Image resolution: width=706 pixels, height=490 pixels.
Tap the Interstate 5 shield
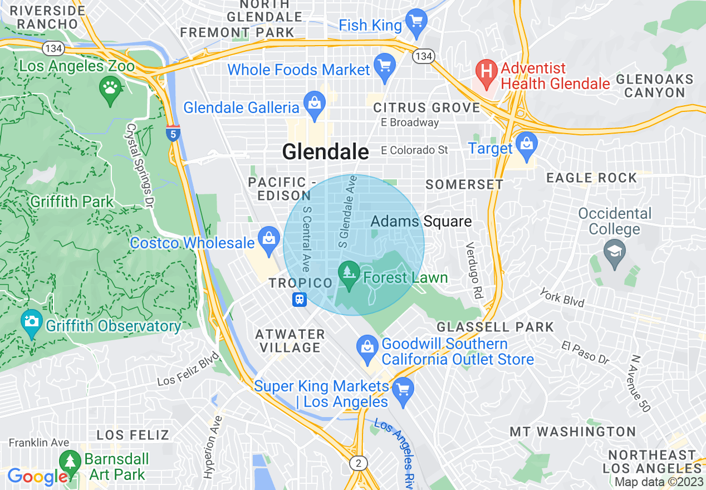click(173, 133)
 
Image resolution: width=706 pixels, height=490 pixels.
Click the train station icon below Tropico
click(300, 300)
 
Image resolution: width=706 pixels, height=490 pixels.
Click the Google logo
click(37, 477)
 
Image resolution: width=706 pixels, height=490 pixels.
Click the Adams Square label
click(421, 222)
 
